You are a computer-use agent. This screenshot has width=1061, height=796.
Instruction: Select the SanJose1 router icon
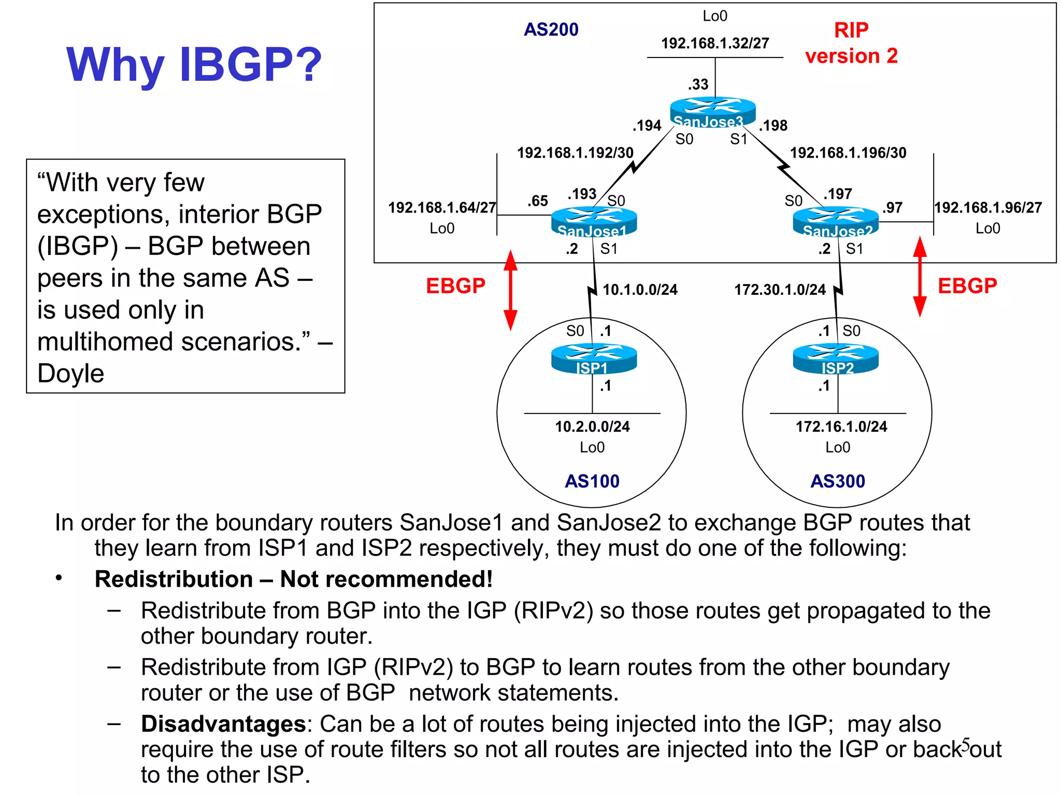point(594,221)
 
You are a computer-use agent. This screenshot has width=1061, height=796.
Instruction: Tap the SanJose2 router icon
point(835,221)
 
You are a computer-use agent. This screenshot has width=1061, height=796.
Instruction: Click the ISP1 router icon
point(594,358)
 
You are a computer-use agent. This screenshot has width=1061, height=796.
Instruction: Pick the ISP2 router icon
point(835,358)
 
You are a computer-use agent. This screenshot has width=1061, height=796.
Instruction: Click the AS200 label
point(551,30)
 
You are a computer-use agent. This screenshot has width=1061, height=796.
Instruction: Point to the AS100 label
point(592,481)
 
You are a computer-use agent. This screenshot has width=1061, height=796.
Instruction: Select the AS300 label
point(837,481)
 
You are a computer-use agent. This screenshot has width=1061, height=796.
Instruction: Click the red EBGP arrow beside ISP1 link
point(510,290)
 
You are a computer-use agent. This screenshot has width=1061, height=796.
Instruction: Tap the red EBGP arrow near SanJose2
point(919,277)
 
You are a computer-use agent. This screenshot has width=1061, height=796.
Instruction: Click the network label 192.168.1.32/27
point(714,43)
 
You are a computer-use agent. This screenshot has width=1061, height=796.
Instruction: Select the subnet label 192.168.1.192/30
point(575,153)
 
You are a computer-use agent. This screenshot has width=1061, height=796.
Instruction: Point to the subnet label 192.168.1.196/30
point(848,153)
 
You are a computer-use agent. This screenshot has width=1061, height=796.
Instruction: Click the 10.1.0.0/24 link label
point(640,290)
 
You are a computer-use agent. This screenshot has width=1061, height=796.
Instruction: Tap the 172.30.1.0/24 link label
point(780,290)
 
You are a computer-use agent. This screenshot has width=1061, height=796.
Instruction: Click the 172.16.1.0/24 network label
point(841,427)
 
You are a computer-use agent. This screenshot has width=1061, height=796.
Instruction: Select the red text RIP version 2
point(851,43)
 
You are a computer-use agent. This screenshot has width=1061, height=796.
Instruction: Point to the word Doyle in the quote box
point(71,373)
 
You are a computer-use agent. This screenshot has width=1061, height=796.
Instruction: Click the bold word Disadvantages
point(223,723)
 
